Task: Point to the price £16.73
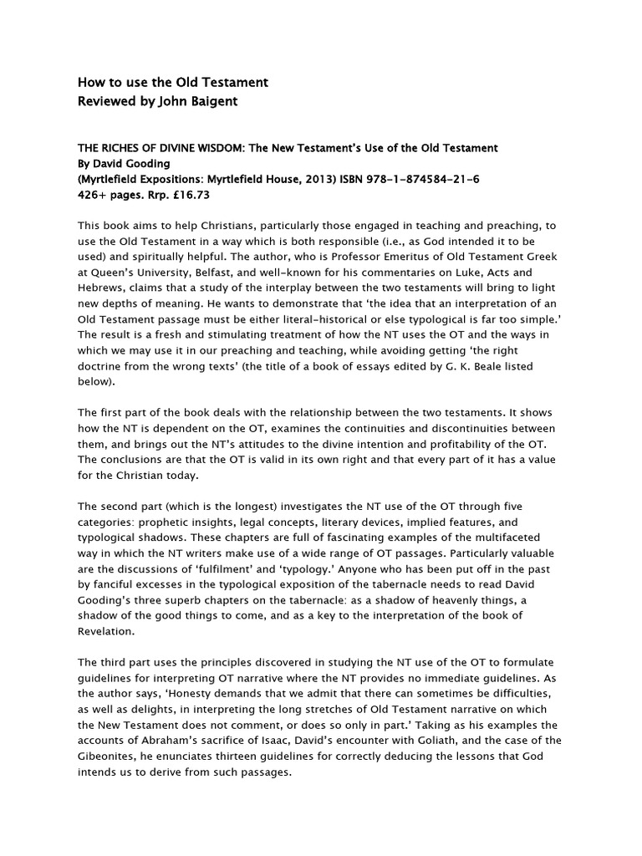pos(189,195)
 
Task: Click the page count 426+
pos(91,195)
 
